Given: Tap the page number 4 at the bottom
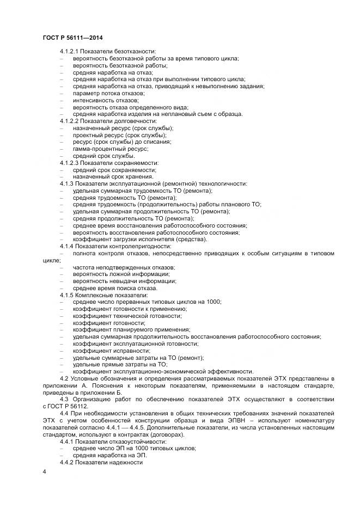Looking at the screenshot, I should (44, 471).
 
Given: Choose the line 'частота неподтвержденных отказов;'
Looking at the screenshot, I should (124, 267).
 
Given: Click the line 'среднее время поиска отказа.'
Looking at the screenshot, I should (115, 288).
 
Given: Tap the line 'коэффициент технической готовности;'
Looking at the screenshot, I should (127, 316).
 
